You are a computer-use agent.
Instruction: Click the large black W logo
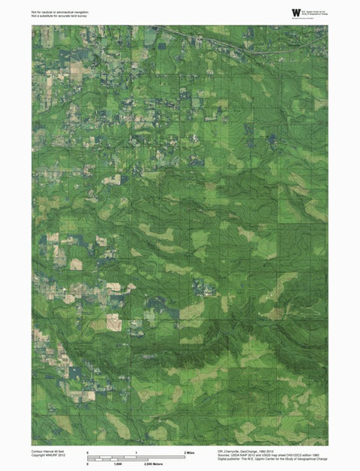(296, 12)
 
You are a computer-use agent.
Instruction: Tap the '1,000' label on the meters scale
(118, 465)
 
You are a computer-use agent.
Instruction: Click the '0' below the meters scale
(88, 465)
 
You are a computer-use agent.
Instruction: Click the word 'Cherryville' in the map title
(234, 450)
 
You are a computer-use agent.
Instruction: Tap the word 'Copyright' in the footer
(39, 454)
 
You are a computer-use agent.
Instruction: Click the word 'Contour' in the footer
(37, 450)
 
